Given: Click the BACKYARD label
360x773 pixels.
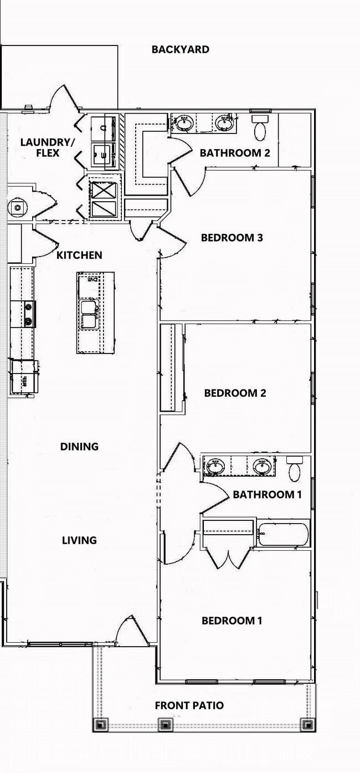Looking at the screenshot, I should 181,49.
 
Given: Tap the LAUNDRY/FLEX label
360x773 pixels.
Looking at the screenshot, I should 47,147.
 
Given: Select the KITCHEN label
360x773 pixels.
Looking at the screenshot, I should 79,255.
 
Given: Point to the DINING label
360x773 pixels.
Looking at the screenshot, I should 79,447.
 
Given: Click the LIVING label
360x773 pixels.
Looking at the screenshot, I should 79,540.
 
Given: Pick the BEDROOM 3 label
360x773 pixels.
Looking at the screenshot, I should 232,238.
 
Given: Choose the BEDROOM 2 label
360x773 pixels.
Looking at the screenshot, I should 235,393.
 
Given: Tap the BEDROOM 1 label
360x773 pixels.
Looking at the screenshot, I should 232,621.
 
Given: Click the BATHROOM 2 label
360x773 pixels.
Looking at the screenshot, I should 235,153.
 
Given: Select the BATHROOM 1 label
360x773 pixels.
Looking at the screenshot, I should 267,494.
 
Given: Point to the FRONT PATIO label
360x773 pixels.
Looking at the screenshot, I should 189,706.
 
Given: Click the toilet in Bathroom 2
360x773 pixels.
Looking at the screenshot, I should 260,129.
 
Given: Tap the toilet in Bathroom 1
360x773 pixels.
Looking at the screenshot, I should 295,470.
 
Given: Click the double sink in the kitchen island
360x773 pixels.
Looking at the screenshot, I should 89,315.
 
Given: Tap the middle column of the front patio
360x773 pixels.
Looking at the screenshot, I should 164,724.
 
